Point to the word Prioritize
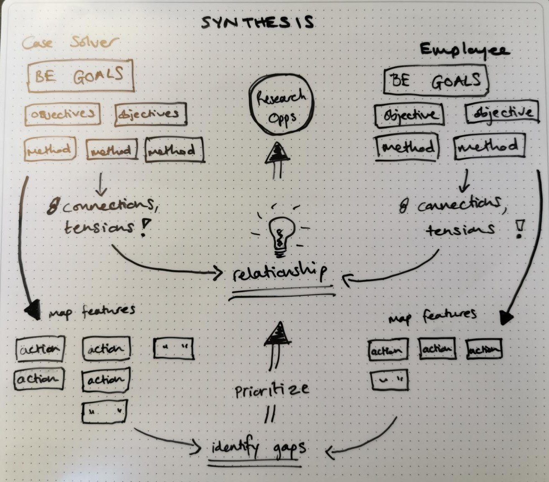[x=272, y=390]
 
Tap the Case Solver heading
[x=70, y=42]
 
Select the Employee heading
[x=464, y=50]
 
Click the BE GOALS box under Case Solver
[x=81, y=76]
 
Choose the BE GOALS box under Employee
[x=436, y=81]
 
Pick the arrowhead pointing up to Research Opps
[x=276, y=153]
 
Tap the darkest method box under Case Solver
[x=174, y=150]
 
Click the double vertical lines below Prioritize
[x=271, y=414]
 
